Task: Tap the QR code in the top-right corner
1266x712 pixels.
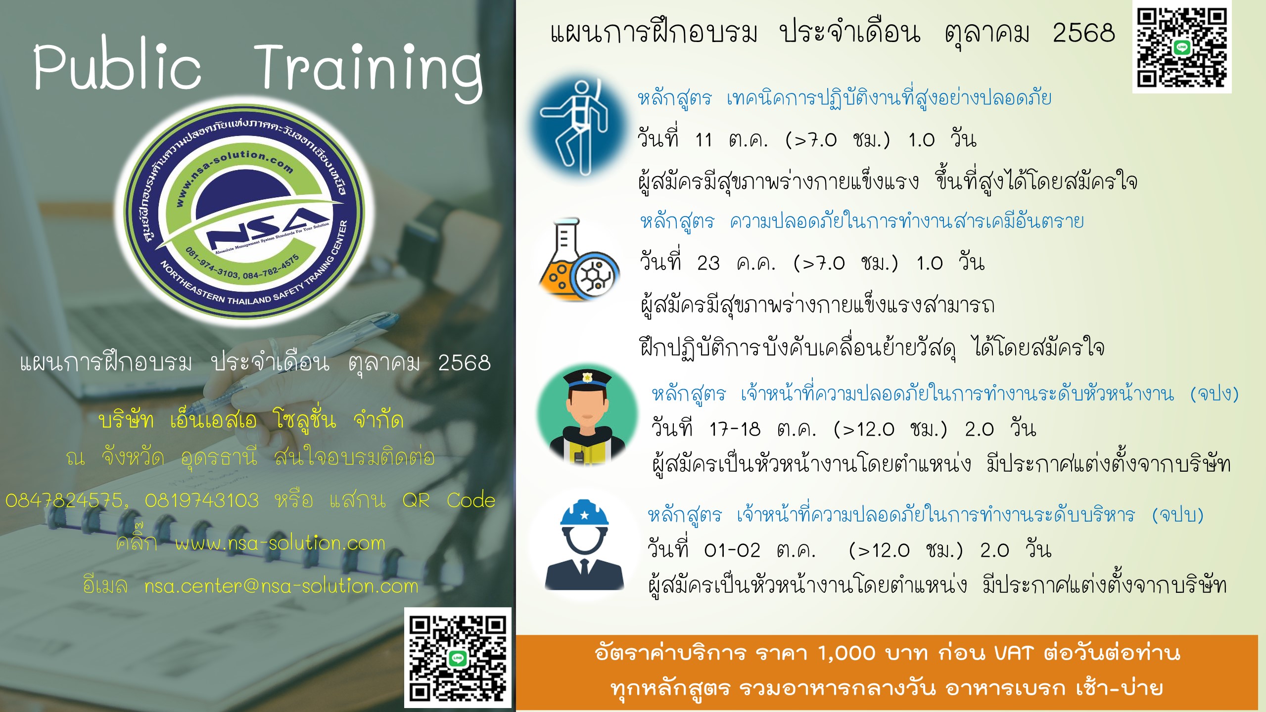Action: pyautogui.click(x=1181, y=47)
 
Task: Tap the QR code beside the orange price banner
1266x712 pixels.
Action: pyautogui.click(x=458, y=657)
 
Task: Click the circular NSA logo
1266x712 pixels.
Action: pyautogui.click(x=243, y=213)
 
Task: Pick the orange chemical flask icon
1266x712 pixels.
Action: pyautogui.click(x=578, y=260)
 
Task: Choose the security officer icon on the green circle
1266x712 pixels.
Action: pyautogui.click(x=587, y=417)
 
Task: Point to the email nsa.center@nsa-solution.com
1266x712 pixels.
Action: pyautogui.click(x=281, y=586)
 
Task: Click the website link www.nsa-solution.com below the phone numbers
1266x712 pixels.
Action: pyautogui.click(x=280, y=544)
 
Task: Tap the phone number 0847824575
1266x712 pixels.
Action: pyautogui.click(x=65, y=501)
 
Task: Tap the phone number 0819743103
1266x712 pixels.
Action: pyautogui.click(x=202, y=501)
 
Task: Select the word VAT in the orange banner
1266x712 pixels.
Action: pyautogui.click(x=1014, y=653)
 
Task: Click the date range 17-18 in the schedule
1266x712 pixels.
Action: pyautogui.click(x=735, y=429)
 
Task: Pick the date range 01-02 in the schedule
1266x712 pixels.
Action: pyautogui.click(x=732, y=550)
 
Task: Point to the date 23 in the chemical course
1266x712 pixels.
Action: pyautogui.click(x=708, y=264)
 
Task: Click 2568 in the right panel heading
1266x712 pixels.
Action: pyautogui.click(x=1084, y=33)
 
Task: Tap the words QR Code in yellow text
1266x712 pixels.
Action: pyautogui.click(x=449, y=501)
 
